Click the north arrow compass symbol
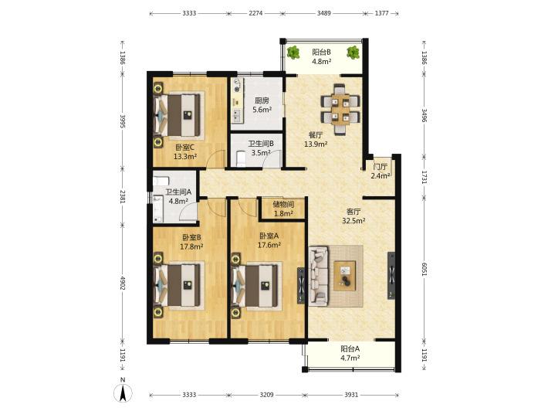point(123,393)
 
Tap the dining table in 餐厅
point(340,109)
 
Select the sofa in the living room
point(319,274)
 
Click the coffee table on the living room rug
point(345,276)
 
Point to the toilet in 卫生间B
point(241,158)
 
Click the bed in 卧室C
point(178,115)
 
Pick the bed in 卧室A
point(257,285)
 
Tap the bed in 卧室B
point(179,285)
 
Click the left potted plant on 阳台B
point(293,53)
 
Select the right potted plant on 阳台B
point(353,53)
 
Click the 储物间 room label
point(283,204)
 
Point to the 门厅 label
point(381,167)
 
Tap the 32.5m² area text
point(354,221)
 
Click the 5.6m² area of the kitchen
point(262,110)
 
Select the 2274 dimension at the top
point(255,13)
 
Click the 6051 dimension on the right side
point(424,270)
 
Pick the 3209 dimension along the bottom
point(266,395)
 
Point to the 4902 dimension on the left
point(122,283)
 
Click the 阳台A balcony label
point(350,348)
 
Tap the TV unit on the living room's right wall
point(391,276)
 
